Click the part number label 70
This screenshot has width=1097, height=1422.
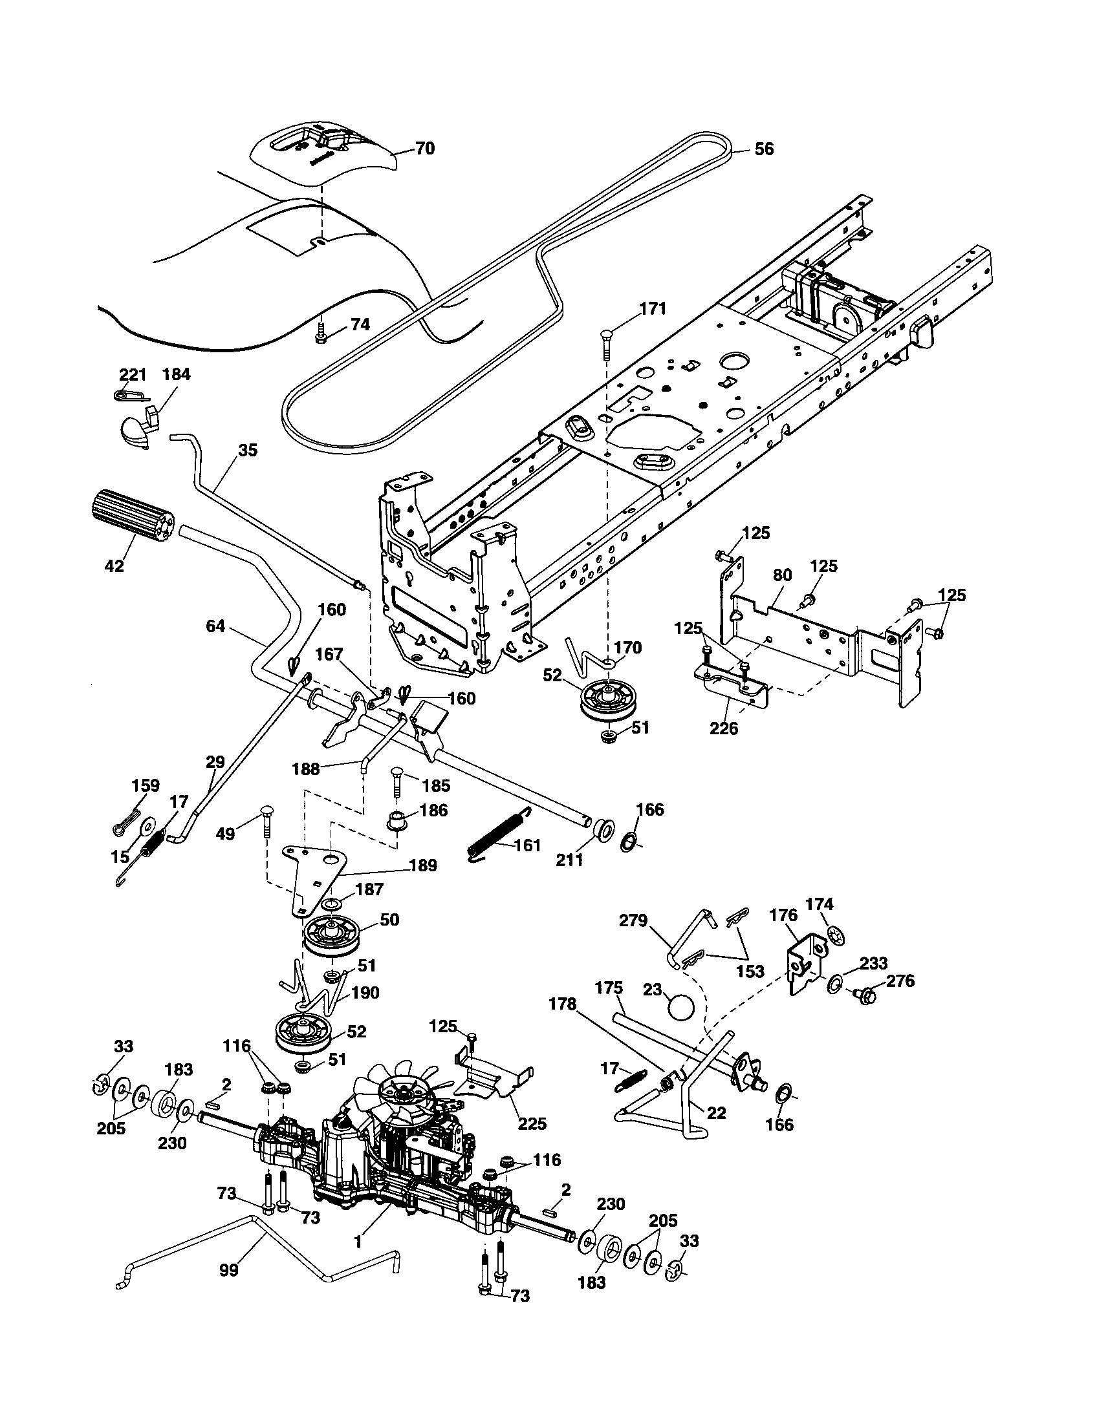tap(424, 149)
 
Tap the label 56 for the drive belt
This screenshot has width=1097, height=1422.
tap(764, 149)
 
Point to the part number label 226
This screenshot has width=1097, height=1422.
tap(724, 728)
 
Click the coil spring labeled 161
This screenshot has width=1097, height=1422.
tap(499, 834)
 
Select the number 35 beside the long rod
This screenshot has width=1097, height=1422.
tap(248, 450)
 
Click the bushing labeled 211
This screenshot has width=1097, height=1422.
tap(602, 830)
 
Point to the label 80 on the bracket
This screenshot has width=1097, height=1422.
tap(782, 575)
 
